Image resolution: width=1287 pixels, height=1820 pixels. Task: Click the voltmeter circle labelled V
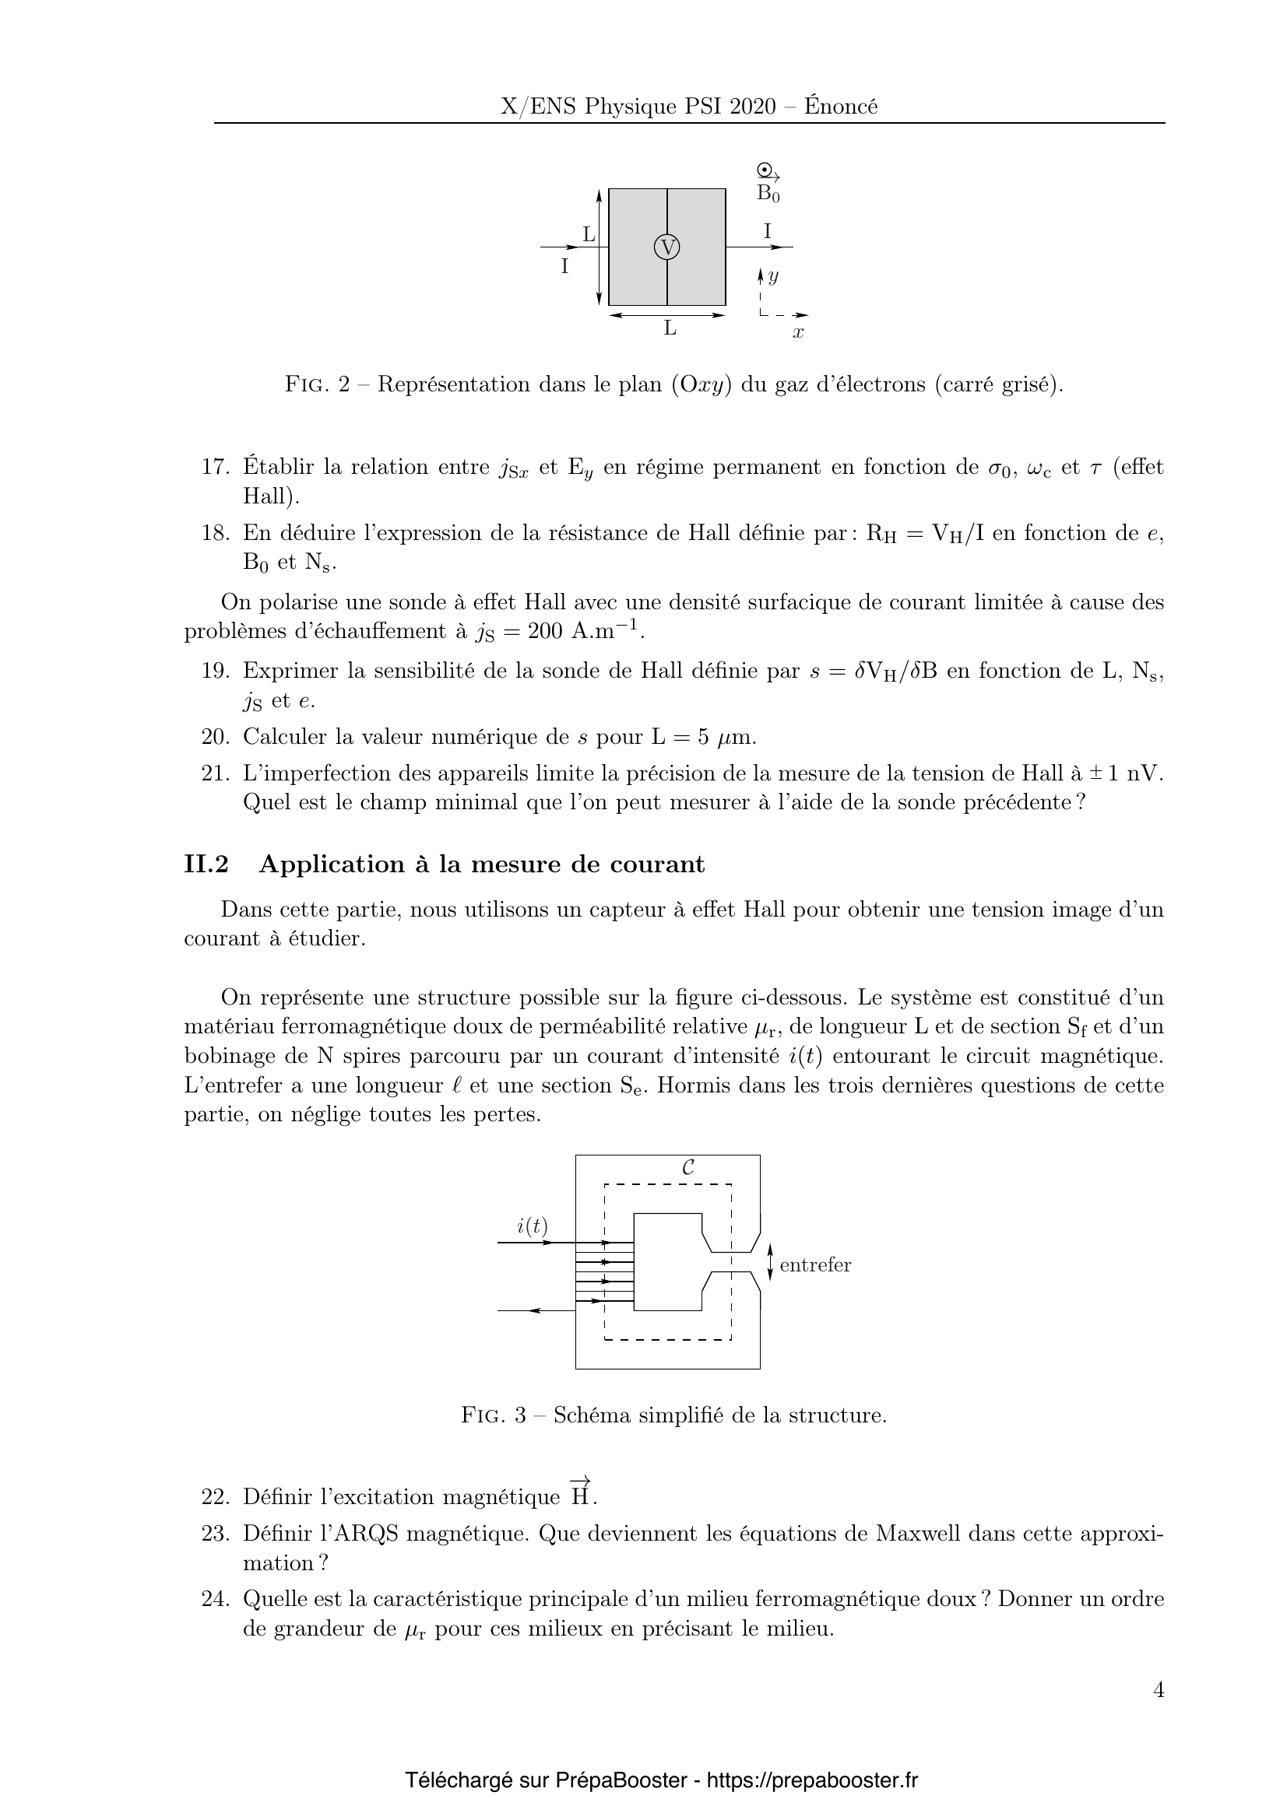coord(667,247)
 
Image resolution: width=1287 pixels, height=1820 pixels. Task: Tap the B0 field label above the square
coord(768,193)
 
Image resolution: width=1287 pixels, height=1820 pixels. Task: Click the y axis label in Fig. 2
coord(773,276)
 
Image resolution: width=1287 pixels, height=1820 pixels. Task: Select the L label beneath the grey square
coord(670,328)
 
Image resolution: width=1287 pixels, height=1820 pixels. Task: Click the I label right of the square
coord(767,231)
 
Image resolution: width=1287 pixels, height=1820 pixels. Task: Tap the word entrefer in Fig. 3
coord(815,1265)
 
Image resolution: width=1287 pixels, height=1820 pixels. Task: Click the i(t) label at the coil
coord(532,1226)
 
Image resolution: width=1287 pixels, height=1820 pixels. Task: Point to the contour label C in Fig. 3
coord(688,1168)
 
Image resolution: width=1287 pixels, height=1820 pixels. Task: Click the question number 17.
coord(215,467)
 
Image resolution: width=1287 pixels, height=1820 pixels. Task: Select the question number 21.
coord(215,773)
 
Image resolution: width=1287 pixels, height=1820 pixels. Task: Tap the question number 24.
coord(215,1599)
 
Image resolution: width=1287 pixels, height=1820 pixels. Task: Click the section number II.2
coord(206,864)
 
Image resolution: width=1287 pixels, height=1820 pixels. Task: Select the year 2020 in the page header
coord(754,107)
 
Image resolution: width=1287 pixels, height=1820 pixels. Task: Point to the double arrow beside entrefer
coord(770,1262)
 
